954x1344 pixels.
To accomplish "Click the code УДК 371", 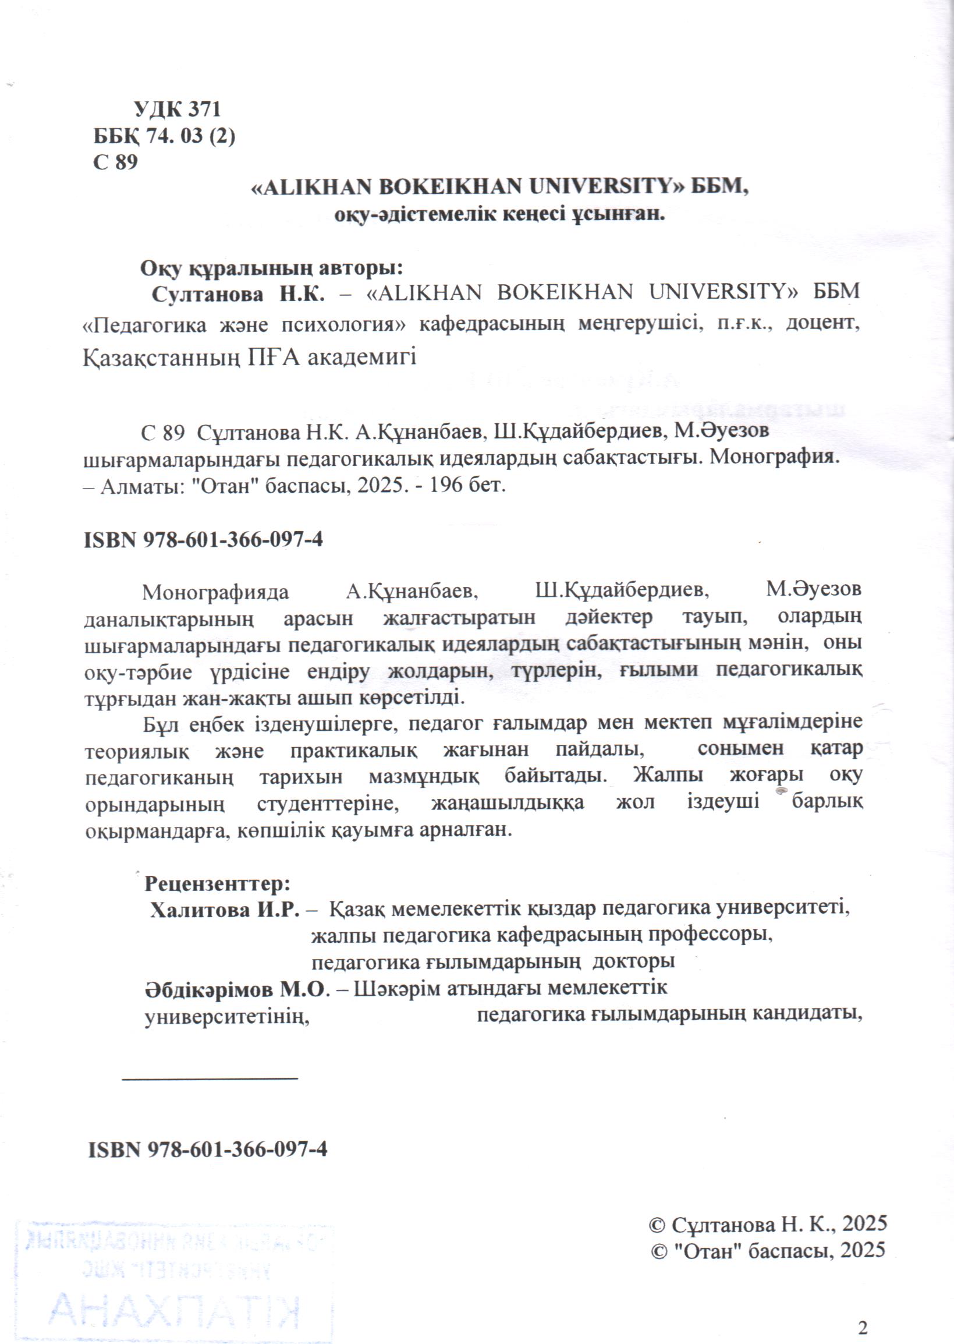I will (177, 109).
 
